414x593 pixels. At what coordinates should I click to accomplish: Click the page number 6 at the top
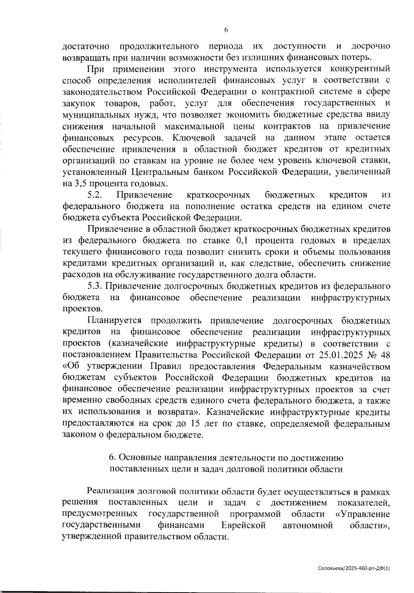(226, 30)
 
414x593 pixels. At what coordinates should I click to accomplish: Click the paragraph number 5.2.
(95, 195)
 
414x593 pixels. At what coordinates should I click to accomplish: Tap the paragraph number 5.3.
(95, 286)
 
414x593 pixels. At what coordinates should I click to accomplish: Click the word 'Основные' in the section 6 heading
(137, 458)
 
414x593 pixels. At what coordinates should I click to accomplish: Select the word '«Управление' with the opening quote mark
(363, 514)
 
